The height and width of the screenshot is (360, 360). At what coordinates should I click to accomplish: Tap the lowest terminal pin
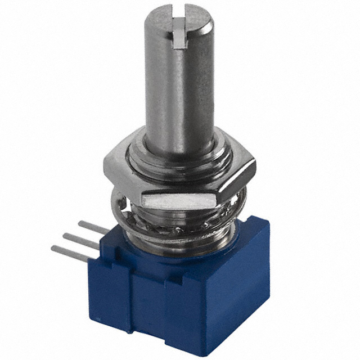[70, 253]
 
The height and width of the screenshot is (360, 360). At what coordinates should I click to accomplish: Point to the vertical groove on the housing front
[130, 304]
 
